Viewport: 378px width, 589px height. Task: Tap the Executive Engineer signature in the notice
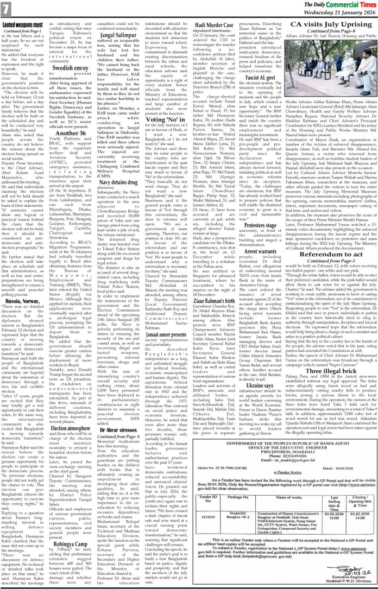tap(344, 577)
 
